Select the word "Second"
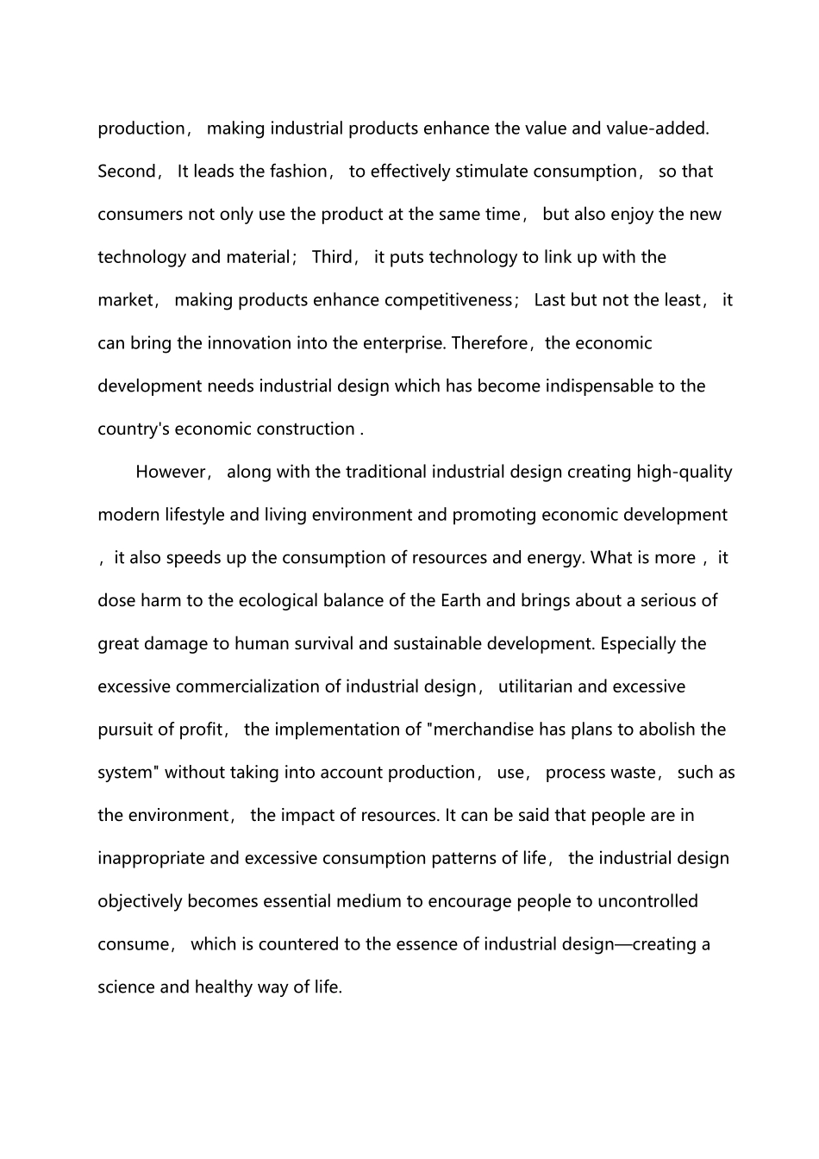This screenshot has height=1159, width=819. [126, 172]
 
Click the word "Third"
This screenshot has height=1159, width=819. [332, 257]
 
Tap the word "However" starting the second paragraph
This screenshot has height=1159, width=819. [171, 472]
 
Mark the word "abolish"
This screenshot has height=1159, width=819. [666, 730]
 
